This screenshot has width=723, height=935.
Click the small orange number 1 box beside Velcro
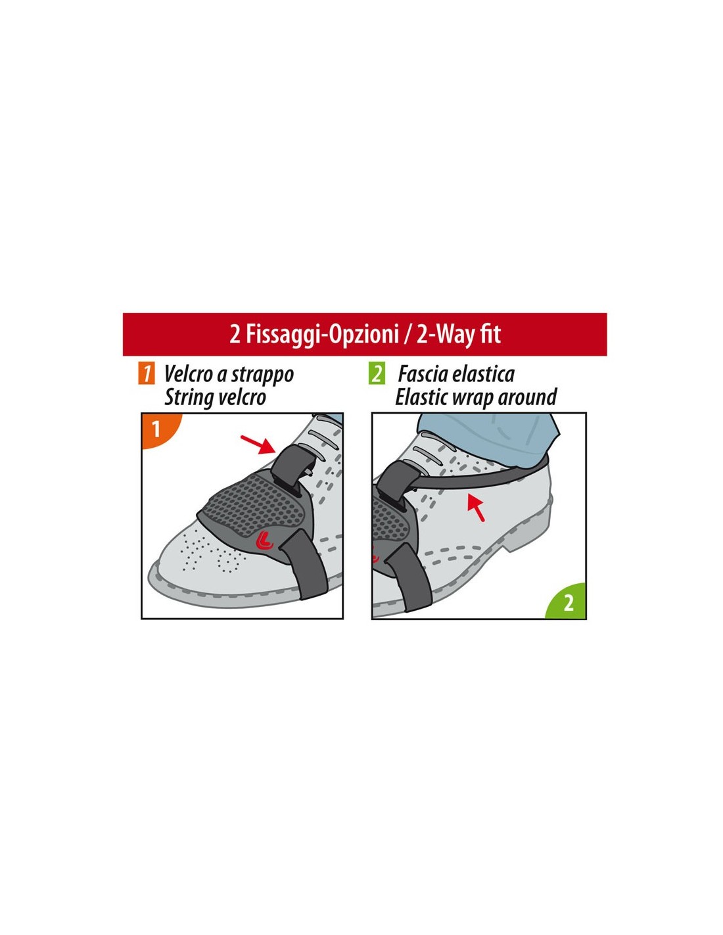coord(146,373)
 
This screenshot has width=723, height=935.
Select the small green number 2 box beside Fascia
coord(377,373)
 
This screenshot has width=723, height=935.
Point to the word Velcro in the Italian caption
coord(189,373)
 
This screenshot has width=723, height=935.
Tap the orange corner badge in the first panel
coord(158,429)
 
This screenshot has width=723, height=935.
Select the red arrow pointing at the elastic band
coord(476,508)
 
